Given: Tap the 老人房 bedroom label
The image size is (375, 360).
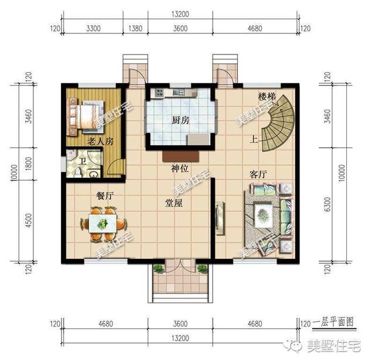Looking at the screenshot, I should [x=100, y=142].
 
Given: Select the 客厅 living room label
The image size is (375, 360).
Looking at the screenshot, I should [x=258, y=174].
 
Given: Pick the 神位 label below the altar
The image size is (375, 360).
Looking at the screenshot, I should [x=179, y=169].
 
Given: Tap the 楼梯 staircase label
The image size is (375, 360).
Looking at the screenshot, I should [x=267, y=96].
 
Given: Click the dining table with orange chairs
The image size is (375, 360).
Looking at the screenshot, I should [x=103, y=224].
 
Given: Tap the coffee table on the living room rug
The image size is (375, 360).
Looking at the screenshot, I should [x=264, y=213].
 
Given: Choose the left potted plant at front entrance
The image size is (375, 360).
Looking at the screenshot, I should [x=158, y=269].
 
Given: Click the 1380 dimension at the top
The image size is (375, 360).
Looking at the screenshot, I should [x=135, y=28].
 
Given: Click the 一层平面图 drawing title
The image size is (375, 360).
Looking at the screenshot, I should [x=334, y=322].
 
